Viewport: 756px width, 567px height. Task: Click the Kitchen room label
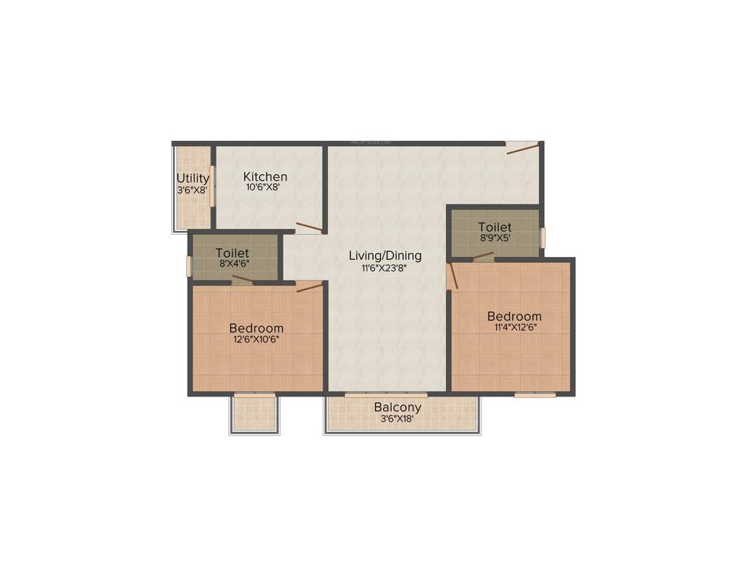(265, 176)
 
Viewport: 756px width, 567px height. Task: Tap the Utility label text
(193, 179)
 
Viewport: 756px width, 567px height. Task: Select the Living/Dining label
(385, 255)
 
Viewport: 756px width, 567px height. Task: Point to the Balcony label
(397, 407)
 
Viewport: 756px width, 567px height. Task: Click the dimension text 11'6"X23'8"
(385, 269)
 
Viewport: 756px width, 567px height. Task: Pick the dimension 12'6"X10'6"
(256, 340)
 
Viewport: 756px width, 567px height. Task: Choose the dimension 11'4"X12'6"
(514, 328)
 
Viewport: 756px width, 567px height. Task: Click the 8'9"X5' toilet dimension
(495, 238)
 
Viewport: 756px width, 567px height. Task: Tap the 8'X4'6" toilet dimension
(232, 264)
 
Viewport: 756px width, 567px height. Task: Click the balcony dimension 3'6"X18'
(397, 419)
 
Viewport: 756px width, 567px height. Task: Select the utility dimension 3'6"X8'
(192, 190)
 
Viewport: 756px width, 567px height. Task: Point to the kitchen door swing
(309, 227)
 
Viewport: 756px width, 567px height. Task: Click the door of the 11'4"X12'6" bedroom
(453, 275)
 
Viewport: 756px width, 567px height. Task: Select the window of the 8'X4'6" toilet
(189, 266)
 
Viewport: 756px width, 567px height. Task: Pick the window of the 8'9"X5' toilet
(543, 238)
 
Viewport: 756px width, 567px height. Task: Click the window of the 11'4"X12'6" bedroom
(535, 395)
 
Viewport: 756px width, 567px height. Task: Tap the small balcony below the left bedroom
(255, 414)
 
